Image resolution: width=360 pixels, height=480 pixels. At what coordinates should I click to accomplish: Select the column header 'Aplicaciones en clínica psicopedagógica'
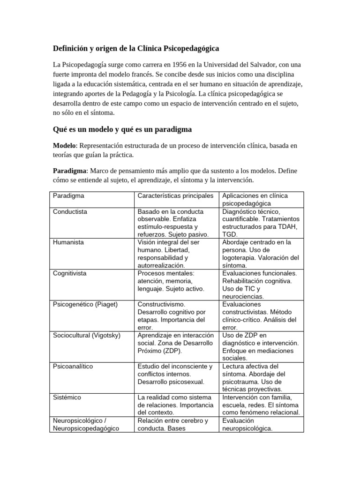pyautogui.click(x=261, y=199)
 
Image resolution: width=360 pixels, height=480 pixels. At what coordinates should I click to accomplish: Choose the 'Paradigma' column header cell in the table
pyautogui.click(x=68, y=195)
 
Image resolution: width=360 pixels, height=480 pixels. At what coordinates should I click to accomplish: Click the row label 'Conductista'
pyautogui.click(x=70, y=211)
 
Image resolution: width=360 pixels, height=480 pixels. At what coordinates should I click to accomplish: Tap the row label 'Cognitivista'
pyautogui.click(x=70, y=273)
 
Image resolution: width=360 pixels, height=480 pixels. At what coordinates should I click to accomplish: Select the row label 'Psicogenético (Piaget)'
pyautogui.click(x=85, y=304)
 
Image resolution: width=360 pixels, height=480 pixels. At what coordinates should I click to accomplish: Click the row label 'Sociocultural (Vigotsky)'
pyautogui.click(x=87, y=335)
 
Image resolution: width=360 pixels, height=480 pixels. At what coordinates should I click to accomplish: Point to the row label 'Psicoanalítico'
pyautogui.click(x=73, y=366)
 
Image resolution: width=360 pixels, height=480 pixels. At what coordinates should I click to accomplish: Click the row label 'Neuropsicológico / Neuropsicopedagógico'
pyautogui.click(x=86, y=424)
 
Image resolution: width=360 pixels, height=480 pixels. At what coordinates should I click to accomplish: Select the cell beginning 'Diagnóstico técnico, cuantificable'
pyautogui.click(x=261, y=223)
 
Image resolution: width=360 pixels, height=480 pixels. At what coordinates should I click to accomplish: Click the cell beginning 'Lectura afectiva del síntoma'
pyautogui.click(x=261, y=377)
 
